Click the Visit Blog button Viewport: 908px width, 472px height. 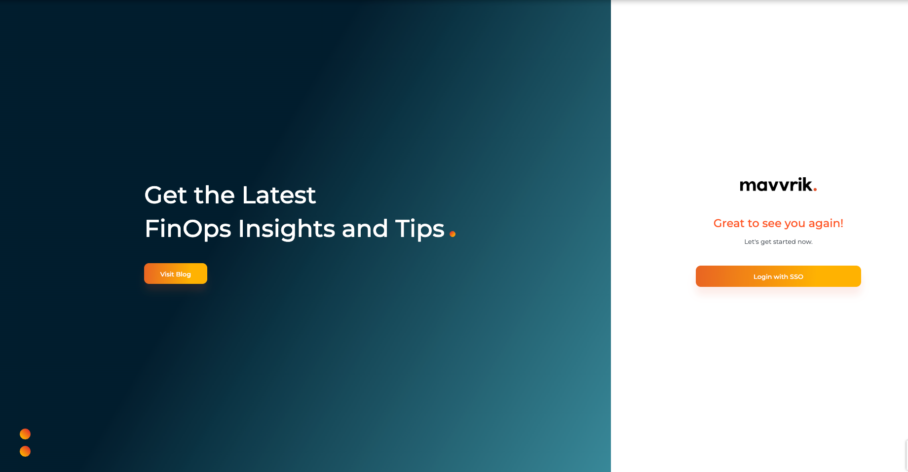[176, 274]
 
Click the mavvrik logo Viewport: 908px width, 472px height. [778, 185]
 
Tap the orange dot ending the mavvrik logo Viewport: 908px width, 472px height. [815, 189]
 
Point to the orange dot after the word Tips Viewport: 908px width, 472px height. [453, 234]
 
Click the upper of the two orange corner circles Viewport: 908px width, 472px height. [25, 434]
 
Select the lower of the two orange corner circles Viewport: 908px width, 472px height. [25, 451]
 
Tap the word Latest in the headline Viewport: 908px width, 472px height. [279, 195]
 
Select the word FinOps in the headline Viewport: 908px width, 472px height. [188, 229]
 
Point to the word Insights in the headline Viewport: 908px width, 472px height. [287, 229]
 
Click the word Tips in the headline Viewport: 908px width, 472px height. [420, 229]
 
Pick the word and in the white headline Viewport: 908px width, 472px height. [365, 229]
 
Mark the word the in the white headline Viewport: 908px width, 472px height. [215, 195]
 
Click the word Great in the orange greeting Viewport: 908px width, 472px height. [729, 223]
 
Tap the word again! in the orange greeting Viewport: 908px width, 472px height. [826, 224]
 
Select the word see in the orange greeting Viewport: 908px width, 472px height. [772, 224]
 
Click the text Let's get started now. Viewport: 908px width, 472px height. [778, 241]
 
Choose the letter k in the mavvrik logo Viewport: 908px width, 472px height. [806, 184]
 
